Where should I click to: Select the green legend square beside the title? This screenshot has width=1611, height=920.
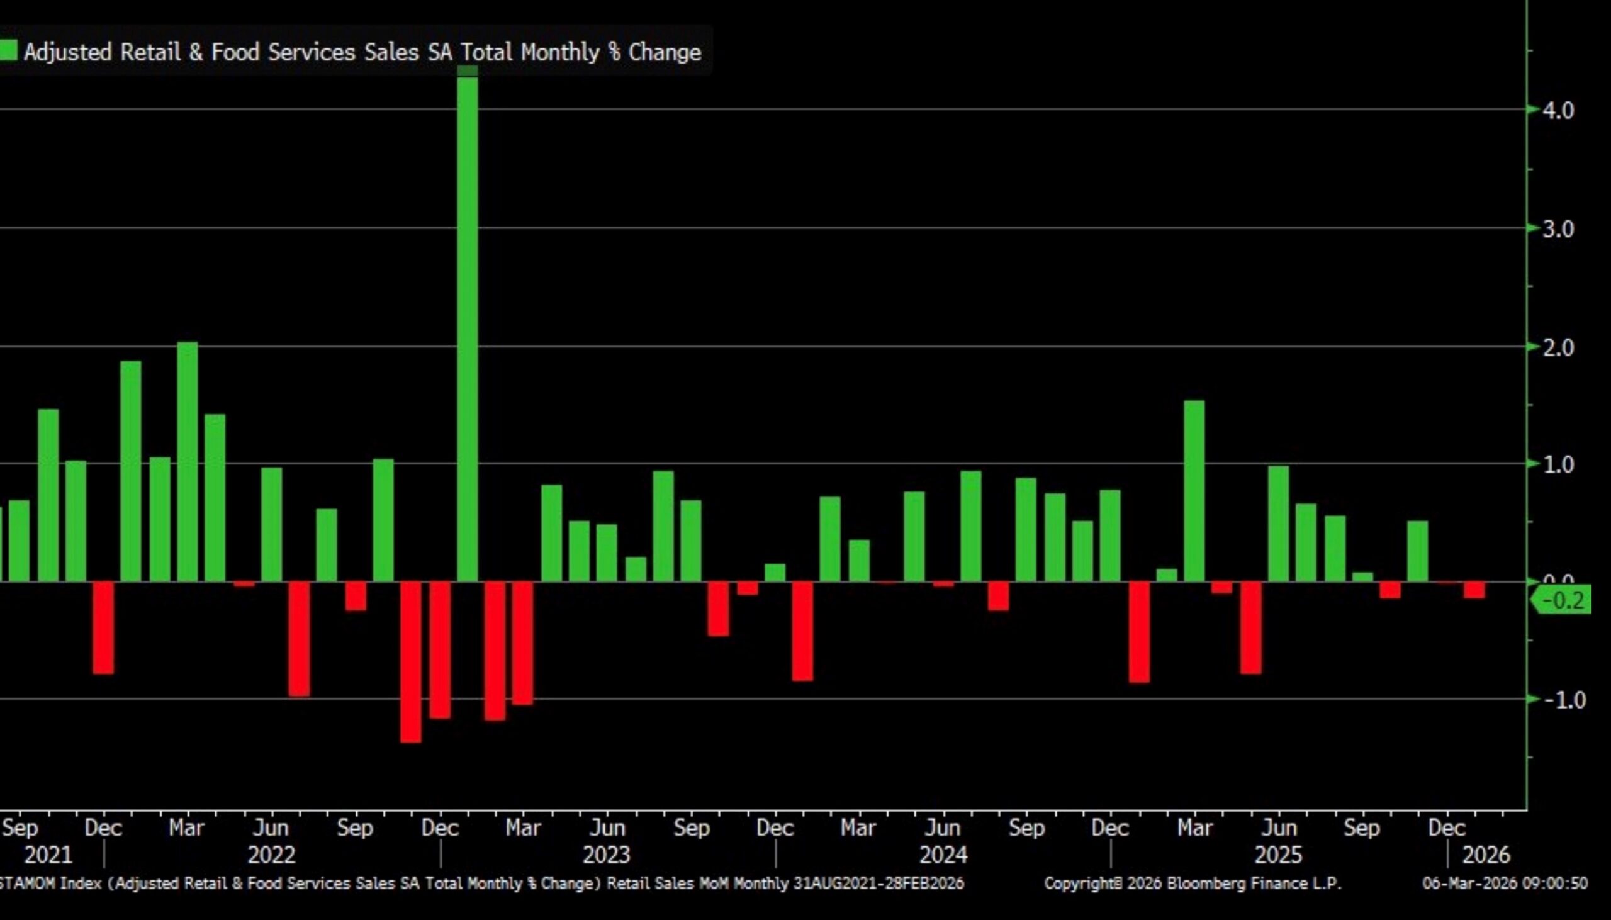pos(9,51)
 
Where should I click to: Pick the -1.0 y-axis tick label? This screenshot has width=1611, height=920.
pos(1564,700)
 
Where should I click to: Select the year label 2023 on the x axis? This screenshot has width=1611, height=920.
pos(607,856)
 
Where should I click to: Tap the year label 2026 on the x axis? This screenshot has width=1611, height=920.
pos(1486,856)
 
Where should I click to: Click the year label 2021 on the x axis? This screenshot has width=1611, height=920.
pos(48,856)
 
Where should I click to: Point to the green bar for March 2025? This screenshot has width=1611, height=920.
pos(1194,491)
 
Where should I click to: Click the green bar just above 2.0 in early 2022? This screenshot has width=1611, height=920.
pos(188,461)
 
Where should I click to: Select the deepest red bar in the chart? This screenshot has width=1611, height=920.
pos(411,661)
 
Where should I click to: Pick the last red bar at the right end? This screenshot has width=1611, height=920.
pos(1474,590)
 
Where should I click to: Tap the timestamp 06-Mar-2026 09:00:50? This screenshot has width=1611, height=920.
pos(1504,884)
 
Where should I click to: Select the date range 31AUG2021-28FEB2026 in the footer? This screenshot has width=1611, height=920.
pos(878,884)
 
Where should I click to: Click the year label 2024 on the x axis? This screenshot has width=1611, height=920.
pos(943,856)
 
